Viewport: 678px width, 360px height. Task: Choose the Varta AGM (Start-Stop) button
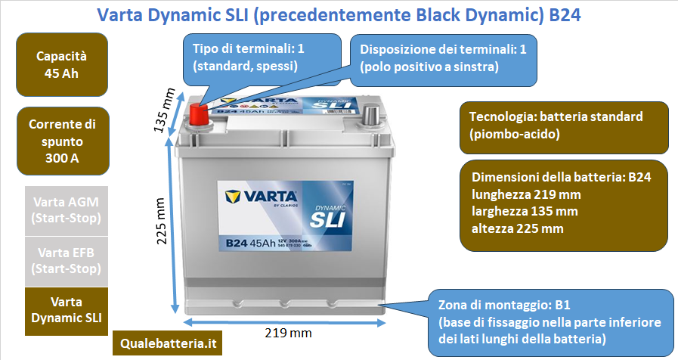click(67, 211)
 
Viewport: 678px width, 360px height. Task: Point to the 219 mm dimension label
click(289, 332)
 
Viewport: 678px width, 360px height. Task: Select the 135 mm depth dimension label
click(164, 110)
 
